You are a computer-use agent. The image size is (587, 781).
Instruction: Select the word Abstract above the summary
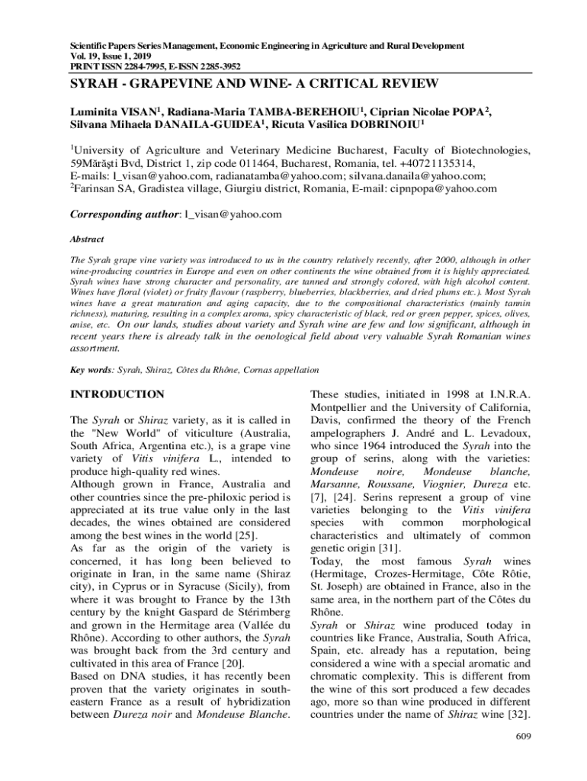tap(86, 238)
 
